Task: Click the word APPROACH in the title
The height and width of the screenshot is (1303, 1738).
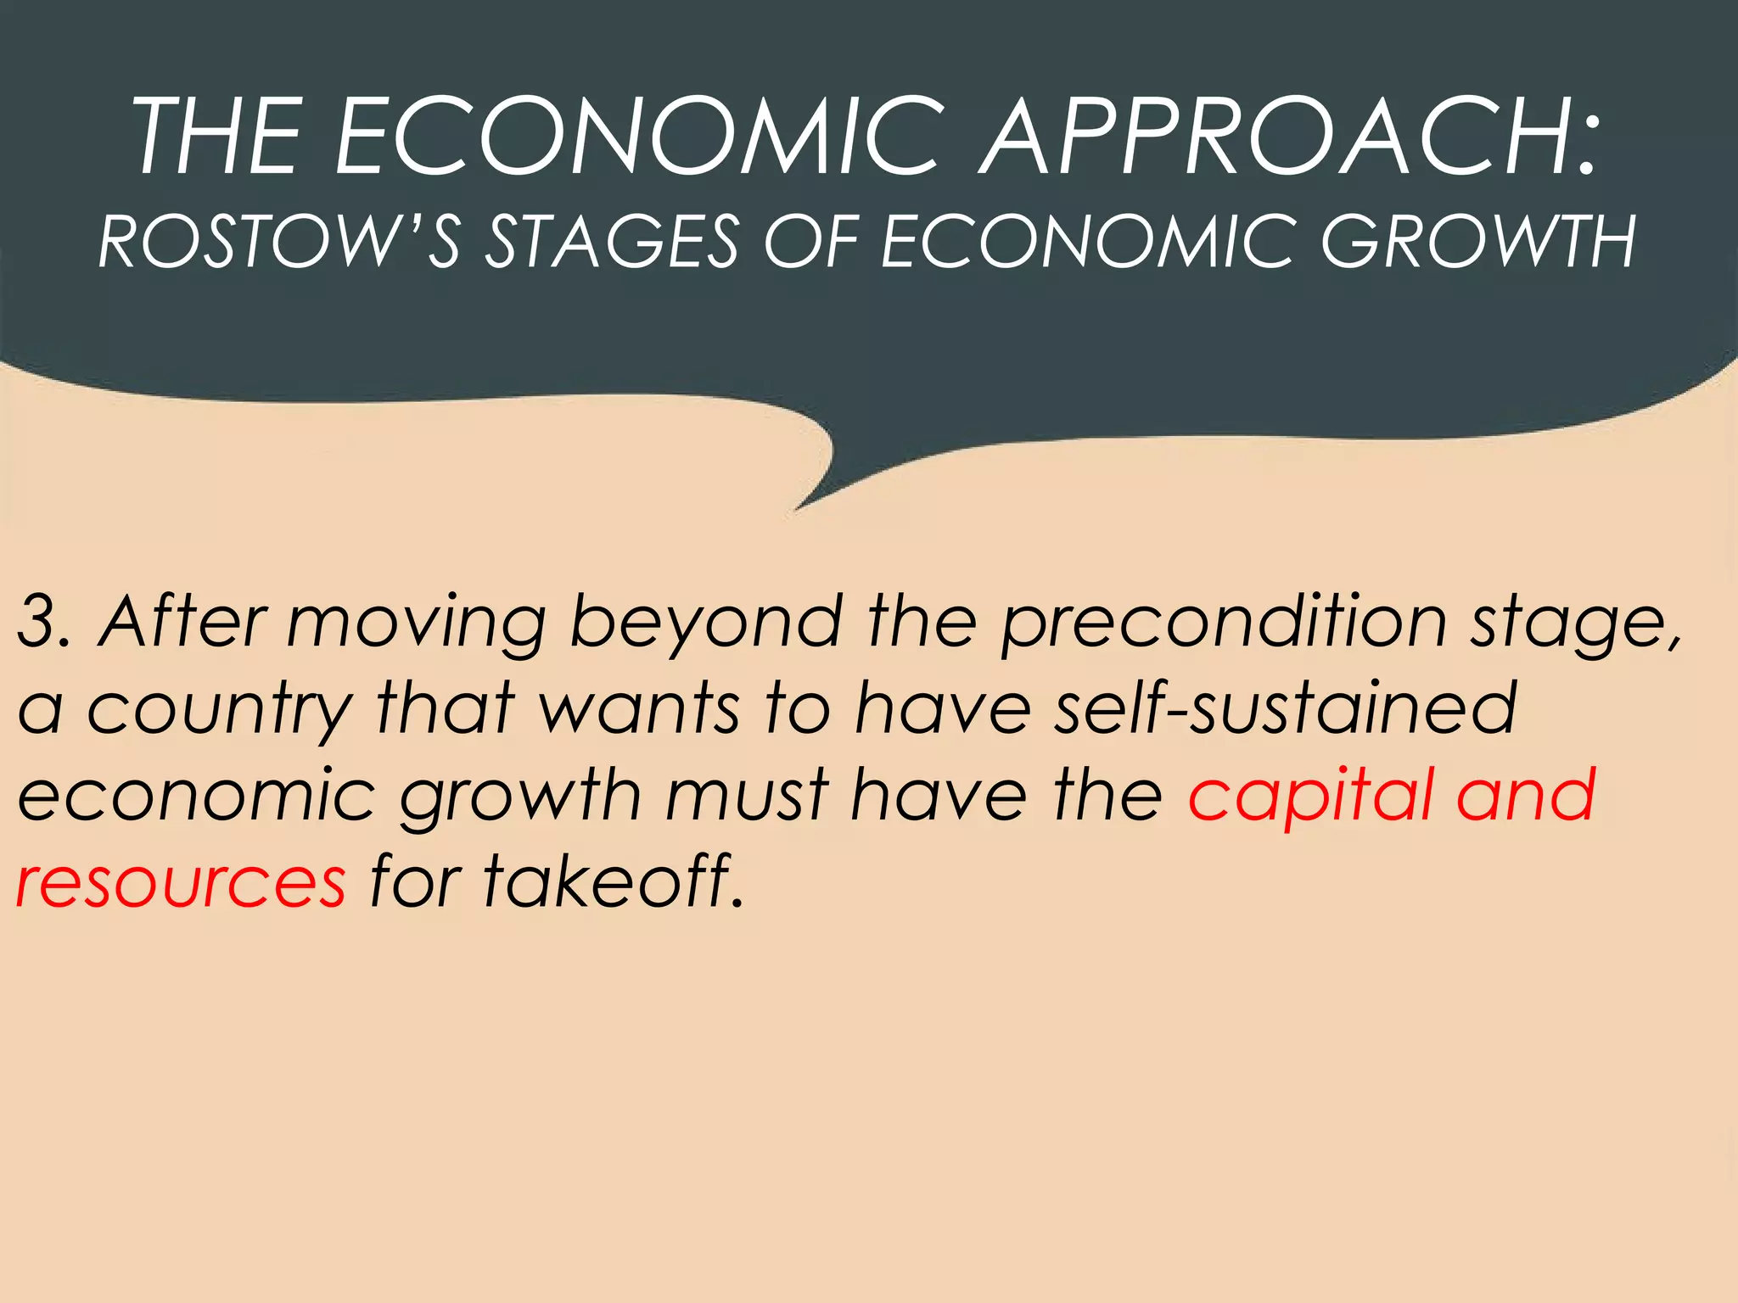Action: click(1291, 137)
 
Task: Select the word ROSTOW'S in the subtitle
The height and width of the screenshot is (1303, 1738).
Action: click(279, 242)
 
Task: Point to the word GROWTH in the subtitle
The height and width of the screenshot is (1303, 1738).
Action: click(1477, 242)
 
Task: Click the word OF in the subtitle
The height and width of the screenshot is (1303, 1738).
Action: click(811, 242)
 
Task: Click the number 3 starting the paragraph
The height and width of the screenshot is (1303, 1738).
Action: click(38, 622)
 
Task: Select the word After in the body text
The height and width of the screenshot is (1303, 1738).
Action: click(183, 622)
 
